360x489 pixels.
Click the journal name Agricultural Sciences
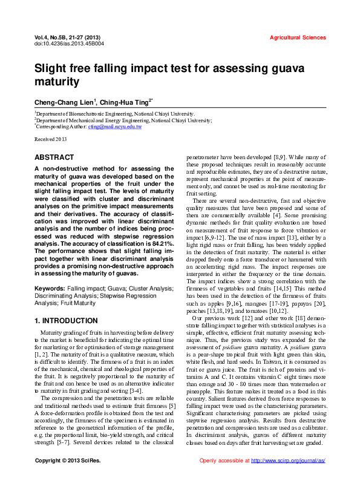point(298,38)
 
